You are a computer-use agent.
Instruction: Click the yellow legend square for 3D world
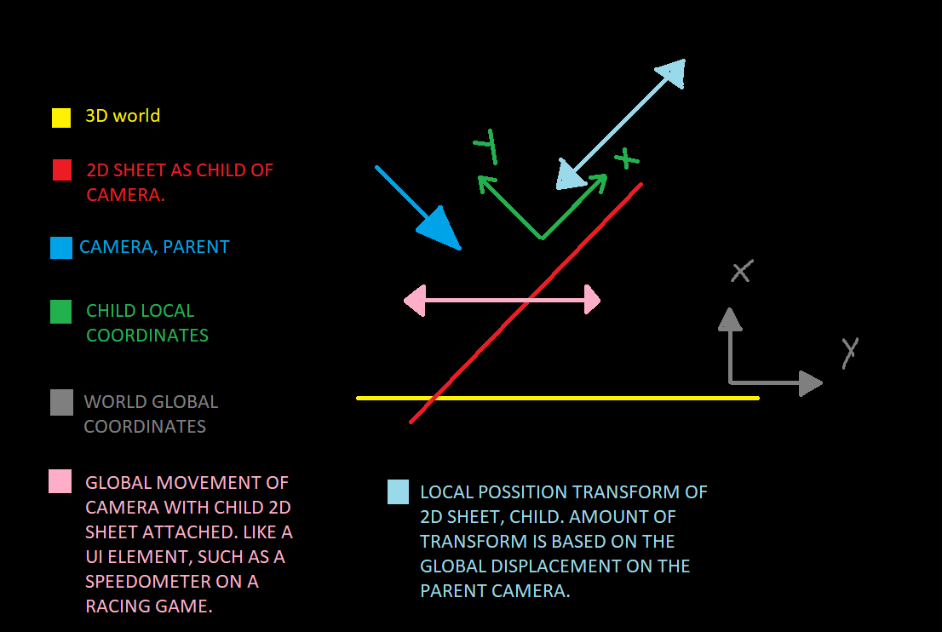(61, 118)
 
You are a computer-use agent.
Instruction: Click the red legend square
(61, 170)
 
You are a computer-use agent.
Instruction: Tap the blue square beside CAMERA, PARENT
(61, 248)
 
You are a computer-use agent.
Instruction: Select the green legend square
(61, 312)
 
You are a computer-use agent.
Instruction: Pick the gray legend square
(61, 403)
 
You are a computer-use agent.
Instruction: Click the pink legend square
(60, 481)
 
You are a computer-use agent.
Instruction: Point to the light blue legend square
(398, 492)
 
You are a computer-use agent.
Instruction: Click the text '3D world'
(123, 116)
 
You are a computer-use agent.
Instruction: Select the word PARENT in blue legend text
(196, 247)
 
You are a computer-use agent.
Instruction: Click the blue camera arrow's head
(443, 230)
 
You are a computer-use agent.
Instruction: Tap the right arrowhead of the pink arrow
(591, 301)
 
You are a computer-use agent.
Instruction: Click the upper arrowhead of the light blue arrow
(672, 73)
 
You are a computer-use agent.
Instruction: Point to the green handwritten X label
(627, 158)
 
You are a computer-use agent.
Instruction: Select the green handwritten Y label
(486, 147)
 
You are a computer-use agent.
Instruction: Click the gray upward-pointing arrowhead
(729, 319)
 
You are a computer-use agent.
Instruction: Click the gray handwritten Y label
(849, 352)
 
